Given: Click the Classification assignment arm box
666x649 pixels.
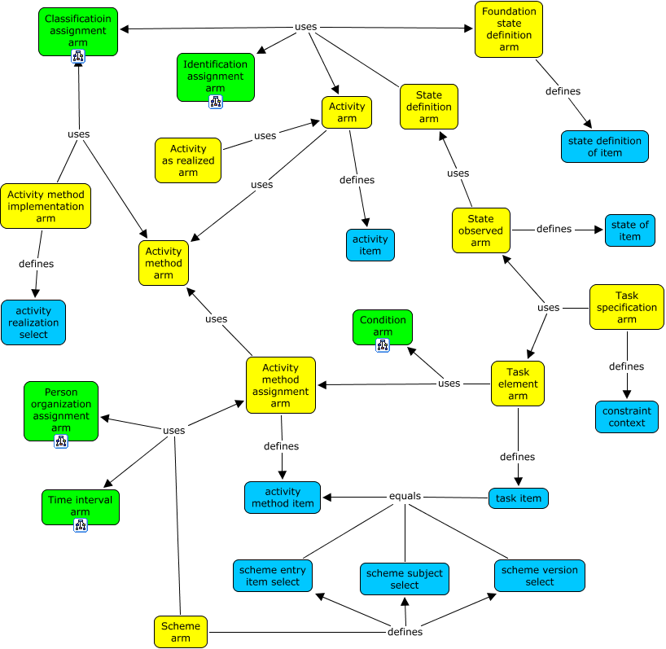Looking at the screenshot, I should (x=78, y=31).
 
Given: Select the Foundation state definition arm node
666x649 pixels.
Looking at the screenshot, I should (x=509, y=29).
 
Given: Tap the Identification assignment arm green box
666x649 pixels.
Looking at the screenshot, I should (x=215, y=77).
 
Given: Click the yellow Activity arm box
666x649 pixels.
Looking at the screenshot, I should (x=347, y=112).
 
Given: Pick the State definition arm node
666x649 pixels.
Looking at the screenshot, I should (x=429, y=107).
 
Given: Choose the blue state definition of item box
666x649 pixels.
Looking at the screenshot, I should (x=605, y=147).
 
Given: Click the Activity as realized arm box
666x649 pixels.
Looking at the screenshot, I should (x=188, y=160).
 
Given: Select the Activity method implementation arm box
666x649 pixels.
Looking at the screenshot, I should (x=46, y=206).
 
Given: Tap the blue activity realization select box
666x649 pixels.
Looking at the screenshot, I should (x=33, y=322).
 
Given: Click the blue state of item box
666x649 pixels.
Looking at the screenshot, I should (x=629, y=230).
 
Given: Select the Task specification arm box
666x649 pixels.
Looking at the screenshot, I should (x=626, y=308).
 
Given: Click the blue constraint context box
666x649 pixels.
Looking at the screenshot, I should (x=626, y=417).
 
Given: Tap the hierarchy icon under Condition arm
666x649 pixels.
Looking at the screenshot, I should (x=383, y=345).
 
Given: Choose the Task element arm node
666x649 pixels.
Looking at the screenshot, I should (x=518, y=384).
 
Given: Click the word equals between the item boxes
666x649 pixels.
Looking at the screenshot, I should (x=405, y=497).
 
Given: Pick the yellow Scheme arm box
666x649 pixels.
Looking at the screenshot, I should (x=181, y=632).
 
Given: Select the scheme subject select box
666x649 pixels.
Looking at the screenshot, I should (x=405, y=579).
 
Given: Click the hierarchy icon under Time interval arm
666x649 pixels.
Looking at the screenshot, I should (x=80, y=525).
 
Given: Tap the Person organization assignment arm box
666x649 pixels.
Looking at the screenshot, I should (x=61, y=410).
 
